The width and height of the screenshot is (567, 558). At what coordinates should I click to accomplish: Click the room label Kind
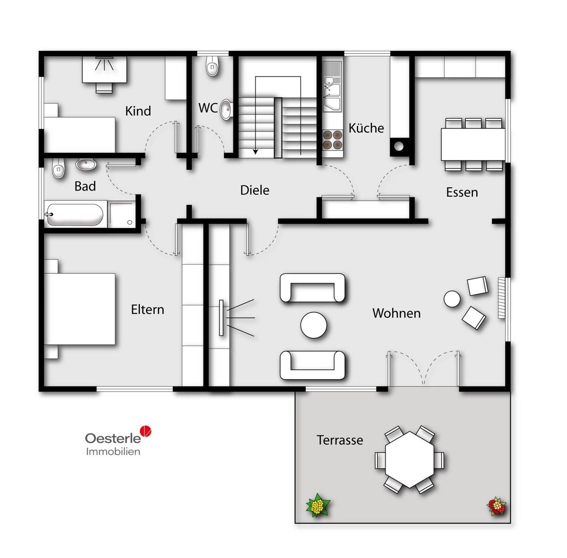point(138,111)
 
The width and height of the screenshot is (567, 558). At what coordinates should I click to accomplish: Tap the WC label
point(208,108)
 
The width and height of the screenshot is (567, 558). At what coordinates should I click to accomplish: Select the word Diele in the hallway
point(255,190)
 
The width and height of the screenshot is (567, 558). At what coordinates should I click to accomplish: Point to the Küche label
point(366,128)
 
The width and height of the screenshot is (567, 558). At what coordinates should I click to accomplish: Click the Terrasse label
point(340,440)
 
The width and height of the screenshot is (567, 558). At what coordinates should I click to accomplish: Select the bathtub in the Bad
point(75,215)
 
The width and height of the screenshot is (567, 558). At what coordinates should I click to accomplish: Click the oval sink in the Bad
point(86,165)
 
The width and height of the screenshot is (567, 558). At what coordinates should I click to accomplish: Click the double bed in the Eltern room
point(79,309)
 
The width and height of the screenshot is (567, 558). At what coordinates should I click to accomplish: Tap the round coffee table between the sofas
point(314,325)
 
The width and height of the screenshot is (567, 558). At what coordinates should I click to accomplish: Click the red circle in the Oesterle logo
point(146,430)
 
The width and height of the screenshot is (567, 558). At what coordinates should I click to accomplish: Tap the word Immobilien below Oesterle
point(113,451)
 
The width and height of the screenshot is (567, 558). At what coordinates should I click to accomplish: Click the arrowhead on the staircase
point(256,152)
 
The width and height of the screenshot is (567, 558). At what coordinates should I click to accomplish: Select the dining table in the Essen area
point(473,144)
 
